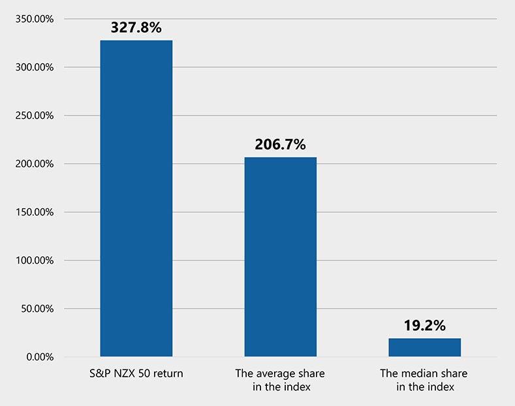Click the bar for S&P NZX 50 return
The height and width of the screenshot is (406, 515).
136,198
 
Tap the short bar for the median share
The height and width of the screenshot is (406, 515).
424,347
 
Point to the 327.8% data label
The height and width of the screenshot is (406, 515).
136,27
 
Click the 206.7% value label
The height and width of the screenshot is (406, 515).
280,144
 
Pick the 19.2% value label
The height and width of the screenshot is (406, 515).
424,325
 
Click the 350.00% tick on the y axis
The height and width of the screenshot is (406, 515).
34,19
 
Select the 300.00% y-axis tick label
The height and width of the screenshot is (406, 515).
34,67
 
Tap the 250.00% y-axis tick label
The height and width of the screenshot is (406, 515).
34,116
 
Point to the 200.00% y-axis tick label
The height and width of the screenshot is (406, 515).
34,164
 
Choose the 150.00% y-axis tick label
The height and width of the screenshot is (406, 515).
34,212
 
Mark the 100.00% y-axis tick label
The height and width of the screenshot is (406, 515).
34,260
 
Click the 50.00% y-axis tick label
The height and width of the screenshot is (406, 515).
37,309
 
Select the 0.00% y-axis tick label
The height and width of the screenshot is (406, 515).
39,357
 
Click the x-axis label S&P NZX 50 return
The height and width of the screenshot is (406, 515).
136,374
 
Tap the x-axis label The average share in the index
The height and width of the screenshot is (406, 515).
280,380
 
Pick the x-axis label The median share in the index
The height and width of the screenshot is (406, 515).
424,380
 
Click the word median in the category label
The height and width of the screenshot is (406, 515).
424,374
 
